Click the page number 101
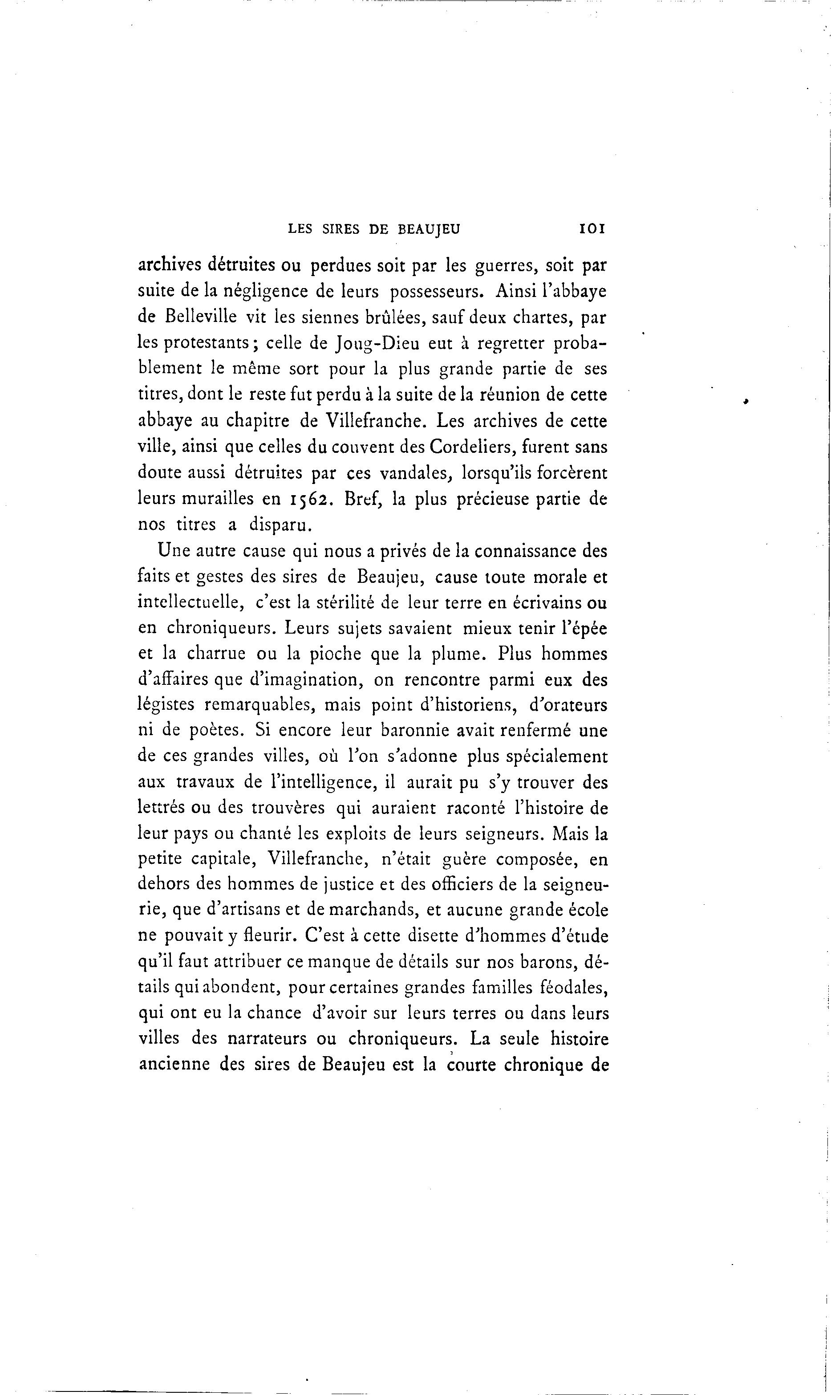(592, 228)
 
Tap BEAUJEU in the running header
(428, 228)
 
